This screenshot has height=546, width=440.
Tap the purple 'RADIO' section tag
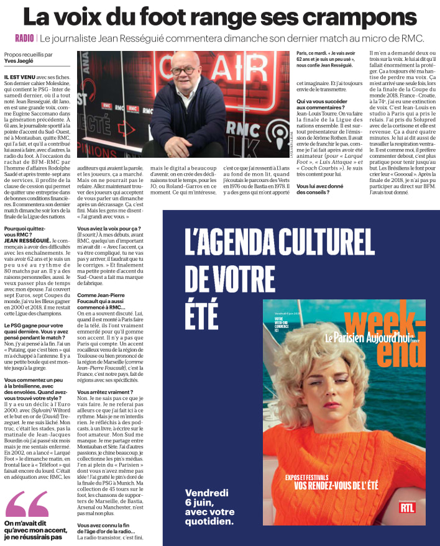tap(24, 39)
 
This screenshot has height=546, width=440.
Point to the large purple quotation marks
tap(27, 504)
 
